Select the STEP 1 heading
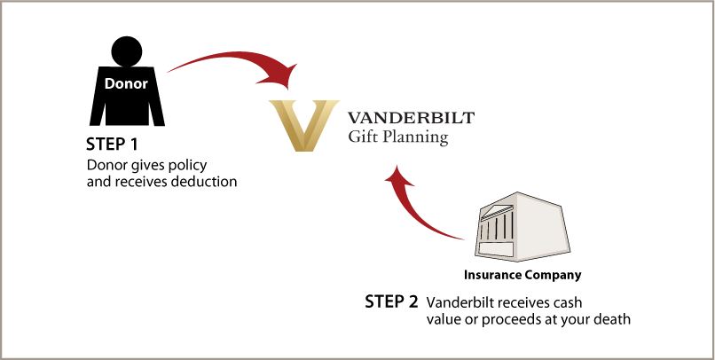tap(113, 145)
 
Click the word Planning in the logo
tap(414, 138)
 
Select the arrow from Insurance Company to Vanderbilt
tap(417, 213)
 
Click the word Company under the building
tap(553, 275)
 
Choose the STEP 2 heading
tap(391, 301)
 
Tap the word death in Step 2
tap(613, 319)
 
